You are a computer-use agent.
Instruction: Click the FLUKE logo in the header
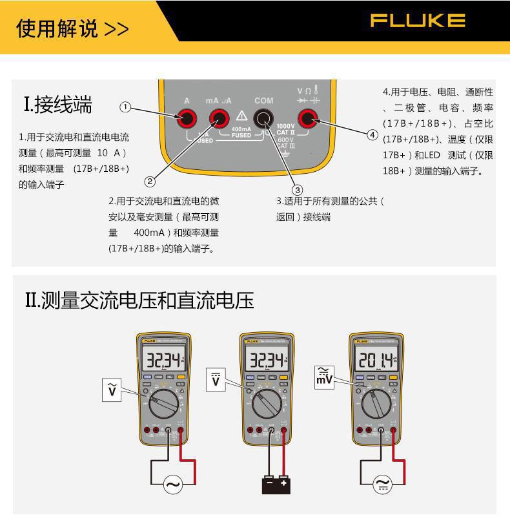click(x=418, y=21)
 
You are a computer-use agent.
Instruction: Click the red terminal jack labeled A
click(x=187, y=118)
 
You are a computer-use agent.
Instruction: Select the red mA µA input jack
click(x=219, y=118)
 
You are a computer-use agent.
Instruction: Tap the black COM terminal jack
click(x=263, y=118)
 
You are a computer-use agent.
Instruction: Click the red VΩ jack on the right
click(x=307, y=118)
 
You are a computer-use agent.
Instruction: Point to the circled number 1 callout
click(x=126, y=107)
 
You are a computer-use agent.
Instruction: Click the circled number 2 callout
click(x=150, y=182)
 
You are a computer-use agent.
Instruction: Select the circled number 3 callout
click(x=297, y=189)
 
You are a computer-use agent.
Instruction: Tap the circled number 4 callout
click(x=372, y=134)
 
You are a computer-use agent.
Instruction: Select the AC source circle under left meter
click(x=172, y=484)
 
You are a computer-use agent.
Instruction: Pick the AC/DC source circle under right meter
click(x=383, y=484)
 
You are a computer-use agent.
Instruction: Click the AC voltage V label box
click(x=112, y=390)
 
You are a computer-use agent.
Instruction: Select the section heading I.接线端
click(x=58, y=105)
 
